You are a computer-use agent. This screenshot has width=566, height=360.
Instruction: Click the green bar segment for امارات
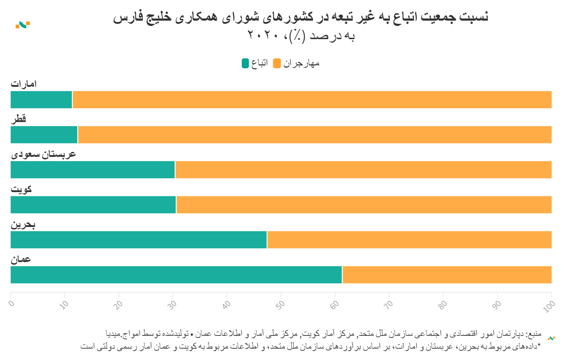41,100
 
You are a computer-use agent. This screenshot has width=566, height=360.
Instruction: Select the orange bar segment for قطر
314,135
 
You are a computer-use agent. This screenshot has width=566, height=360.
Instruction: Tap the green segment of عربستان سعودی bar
92,170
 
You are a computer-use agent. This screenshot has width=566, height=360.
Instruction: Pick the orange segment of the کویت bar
364,205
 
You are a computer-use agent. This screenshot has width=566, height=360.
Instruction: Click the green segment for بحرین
139,240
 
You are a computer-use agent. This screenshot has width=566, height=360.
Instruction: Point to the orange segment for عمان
447,275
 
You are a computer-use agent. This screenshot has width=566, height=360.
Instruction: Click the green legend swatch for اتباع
245,63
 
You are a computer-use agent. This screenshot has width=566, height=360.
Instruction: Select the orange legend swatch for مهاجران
277,63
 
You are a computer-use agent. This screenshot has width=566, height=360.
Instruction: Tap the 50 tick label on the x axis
281,305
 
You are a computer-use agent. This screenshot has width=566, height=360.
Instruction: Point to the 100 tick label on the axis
549,306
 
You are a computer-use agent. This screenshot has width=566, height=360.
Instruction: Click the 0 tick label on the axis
12,303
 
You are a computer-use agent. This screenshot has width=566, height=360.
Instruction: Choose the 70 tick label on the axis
389,305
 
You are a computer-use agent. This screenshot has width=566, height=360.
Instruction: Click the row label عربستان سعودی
43,154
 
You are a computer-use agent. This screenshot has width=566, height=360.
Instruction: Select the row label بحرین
23,224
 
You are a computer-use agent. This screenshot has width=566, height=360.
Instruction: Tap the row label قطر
18,118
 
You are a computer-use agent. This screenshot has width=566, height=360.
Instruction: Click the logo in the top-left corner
23,25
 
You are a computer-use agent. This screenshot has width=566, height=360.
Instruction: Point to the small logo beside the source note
551,338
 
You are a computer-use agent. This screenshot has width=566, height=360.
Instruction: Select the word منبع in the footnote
534,334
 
